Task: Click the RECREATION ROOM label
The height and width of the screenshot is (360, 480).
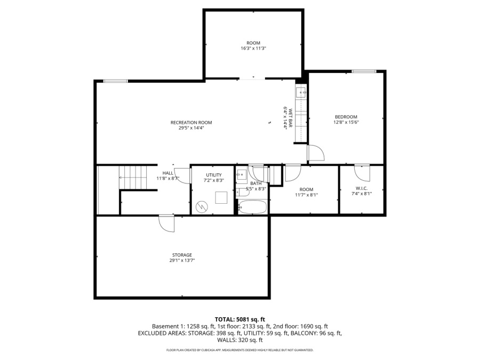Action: [x=191, y=123]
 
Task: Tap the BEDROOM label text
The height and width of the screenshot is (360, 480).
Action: [x=346, y=117]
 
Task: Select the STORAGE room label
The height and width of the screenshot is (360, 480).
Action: [x=182, y=255]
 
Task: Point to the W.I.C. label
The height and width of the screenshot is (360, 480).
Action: [x=362, y=188]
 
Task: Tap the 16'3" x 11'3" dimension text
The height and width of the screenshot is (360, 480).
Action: [x=253, y=49]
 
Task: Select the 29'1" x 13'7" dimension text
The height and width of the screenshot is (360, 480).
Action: [x=182, y=260]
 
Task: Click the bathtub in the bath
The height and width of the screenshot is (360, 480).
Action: [x=253, y=207]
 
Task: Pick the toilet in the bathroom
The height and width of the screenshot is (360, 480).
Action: [x=243, y=193]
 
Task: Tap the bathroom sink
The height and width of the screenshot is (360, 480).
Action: [x=242, y=176]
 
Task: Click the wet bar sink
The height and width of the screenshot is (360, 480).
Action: [x=301, y=92]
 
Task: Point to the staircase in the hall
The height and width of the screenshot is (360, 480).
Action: [x=133, y=178]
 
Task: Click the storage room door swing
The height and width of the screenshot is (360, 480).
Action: [x=166, y=223]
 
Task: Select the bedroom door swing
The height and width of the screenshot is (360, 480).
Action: [x=316, y=153]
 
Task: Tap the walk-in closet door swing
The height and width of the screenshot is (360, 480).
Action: [x=362, y=173]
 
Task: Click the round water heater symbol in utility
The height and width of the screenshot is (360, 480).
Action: [x=202, y=206]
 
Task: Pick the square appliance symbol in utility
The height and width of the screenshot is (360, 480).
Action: [x=221, y=197]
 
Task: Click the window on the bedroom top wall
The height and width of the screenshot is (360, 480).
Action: [x=364, y=71]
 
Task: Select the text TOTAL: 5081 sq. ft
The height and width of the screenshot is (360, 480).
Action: [x=239, y=320]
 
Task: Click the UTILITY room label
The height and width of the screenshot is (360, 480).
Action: [x=214, y=175]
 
